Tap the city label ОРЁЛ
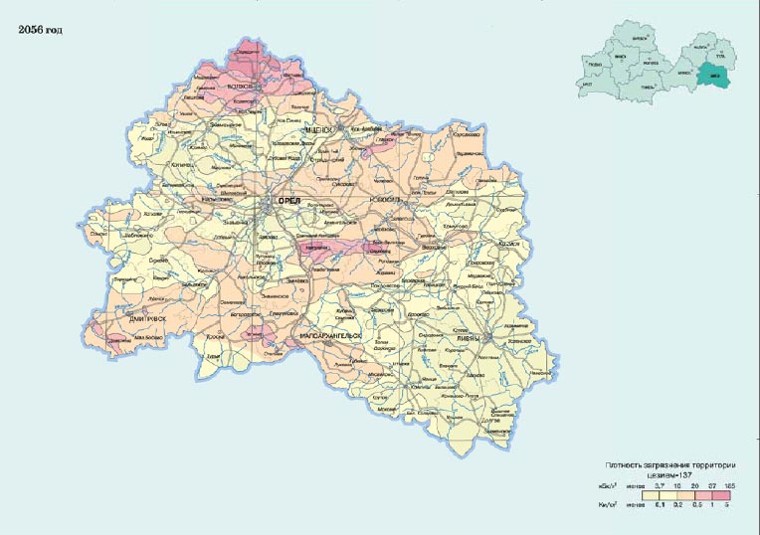point(288,200)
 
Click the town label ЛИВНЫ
point(468,338)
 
